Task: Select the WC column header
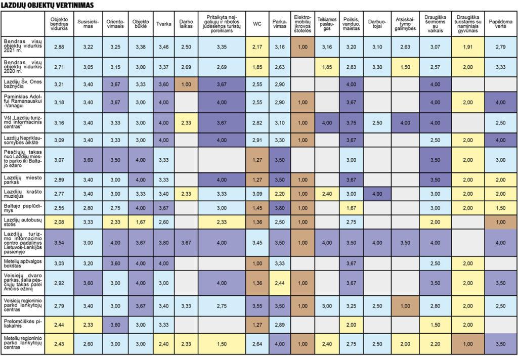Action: (x=257, y=24)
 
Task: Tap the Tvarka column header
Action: (x=163, y=24)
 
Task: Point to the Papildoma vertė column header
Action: (x=501, y=24)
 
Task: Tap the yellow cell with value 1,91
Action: (x=467, y=47)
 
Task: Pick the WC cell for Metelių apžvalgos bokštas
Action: (x=257, y=263)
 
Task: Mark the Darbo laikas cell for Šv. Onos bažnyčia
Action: (x=186, y=83)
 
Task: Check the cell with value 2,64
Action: (x=257, y=344)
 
